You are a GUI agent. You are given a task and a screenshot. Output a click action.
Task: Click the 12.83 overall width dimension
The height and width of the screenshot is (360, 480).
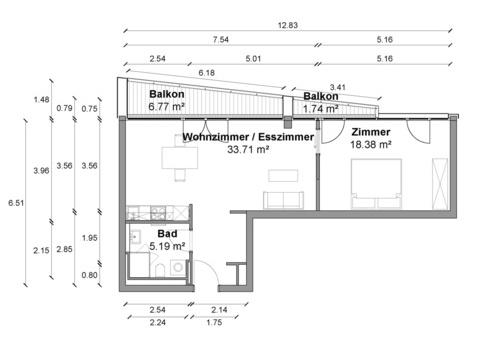point(288,25)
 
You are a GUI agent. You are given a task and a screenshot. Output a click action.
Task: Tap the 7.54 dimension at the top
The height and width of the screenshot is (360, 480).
point(221,39)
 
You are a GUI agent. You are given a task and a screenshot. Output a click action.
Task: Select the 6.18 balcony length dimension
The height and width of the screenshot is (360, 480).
point(207,73)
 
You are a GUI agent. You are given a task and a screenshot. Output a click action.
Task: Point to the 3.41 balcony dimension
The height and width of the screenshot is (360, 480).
point(337,87)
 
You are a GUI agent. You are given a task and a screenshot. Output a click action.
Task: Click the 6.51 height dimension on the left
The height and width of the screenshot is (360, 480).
point(16,203)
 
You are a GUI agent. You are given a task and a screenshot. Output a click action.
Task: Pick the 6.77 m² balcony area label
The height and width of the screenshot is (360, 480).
point(167,107)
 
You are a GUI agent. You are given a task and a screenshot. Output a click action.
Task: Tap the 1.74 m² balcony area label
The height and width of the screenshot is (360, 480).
point(321,109)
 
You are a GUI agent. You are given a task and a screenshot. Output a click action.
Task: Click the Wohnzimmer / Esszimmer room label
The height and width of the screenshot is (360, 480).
point(248,137)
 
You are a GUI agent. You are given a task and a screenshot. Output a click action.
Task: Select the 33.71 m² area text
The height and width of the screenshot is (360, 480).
point(248,149)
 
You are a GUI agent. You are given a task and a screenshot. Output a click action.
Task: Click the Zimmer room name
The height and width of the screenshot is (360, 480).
point(371,132)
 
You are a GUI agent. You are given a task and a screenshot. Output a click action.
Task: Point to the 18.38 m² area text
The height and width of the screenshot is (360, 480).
point(371,145)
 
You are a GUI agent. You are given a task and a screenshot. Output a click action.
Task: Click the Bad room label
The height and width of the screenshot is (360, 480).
point(167,234)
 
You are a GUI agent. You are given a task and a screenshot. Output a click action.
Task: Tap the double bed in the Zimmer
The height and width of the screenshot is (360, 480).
point(376,184)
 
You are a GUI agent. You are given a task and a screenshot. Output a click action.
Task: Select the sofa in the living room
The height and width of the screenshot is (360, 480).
point(283,200)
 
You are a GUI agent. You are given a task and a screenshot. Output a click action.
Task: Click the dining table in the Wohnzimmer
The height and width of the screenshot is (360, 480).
point(180,157)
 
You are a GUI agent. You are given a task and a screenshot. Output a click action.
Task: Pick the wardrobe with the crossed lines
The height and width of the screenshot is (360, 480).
point(440,184)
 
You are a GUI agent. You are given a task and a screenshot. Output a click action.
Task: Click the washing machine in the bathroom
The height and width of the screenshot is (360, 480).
point(178,268)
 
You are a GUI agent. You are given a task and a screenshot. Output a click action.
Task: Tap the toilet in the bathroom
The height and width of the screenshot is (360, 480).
point(160,270)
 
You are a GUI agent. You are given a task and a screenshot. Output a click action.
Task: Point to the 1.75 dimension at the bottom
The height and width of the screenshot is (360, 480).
point(214,322)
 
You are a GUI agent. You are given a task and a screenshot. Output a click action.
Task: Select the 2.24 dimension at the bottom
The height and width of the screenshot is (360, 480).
point(157,322)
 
